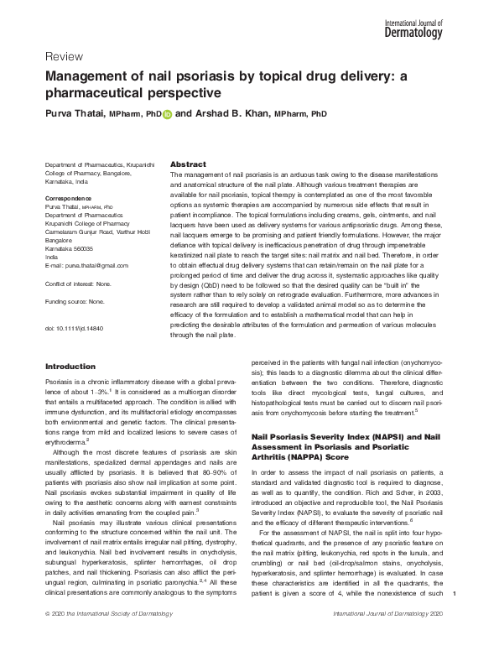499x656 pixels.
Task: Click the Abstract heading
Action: tap(189, 164)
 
